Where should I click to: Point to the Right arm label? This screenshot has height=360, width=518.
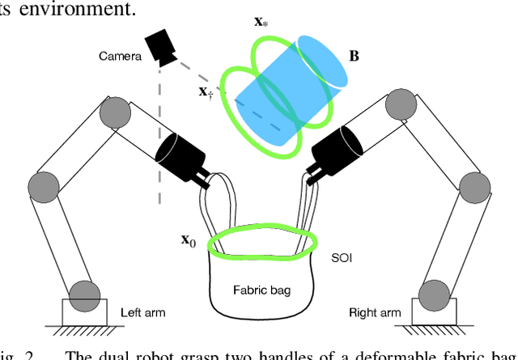point(375,312)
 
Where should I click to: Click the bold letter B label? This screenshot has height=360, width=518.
point(354,56)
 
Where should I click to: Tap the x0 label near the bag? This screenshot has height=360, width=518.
point(188,240)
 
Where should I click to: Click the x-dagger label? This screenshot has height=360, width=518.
point(206,91)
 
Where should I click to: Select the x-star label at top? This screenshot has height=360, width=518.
point(261,21)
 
